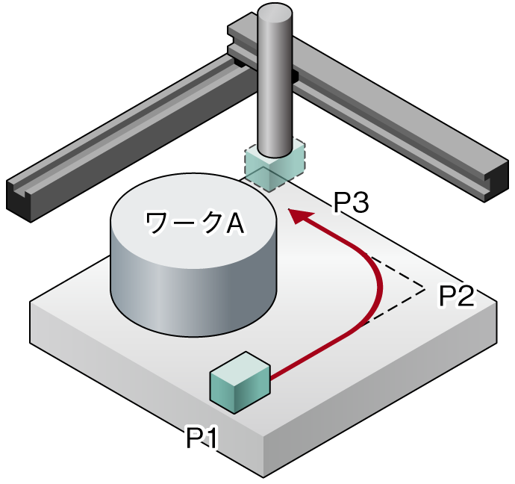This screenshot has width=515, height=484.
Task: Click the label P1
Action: [x=201, y=438]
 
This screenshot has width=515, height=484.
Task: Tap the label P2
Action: [x=455, y=296]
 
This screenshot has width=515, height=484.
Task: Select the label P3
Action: [x=352, y=202]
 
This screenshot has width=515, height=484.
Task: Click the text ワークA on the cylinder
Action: [x=195, y=223]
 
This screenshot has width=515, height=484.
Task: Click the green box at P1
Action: [x=240, y=381]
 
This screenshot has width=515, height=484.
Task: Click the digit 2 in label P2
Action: [x=465, y=296]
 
